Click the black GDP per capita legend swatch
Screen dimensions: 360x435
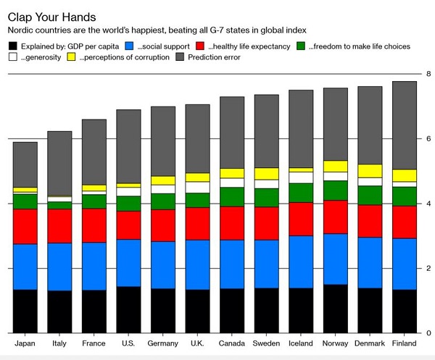(12, 46)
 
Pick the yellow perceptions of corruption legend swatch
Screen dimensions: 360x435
(71, 58)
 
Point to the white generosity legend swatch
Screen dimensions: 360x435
(12, 58)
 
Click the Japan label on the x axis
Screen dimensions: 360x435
(25, 343)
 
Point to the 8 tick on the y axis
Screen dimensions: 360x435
(429, 74)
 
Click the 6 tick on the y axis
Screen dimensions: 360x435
(429, 138)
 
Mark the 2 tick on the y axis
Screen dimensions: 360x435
(429, 268)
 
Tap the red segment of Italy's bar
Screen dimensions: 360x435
(60, 226)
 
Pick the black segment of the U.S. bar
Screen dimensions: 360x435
(128, 310)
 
